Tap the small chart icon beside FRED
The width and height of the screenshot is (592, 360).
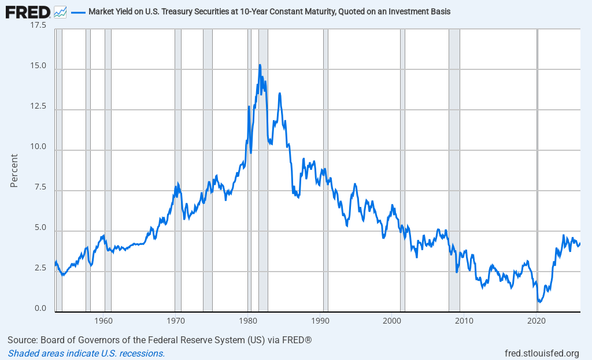click(x=60, y=12)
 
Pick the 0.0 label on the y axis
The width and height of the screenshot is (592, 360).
click(x=40, y=309)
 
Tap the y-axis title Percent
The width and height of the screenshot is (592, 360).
click(x=14, y=170)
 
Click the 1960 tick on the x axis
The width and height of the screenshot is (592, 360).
click(x=104, y=321)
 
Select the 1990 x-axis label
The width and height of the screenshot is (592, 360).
click(x=320, y=321)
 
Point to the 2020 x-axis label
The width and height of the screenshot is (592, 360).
click(x=537, y=321)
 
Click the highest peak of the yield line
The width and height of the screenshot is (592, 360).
click(x=260, y=65)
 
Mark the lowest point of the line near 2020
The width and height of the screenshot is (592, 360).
click(x=539, y=302)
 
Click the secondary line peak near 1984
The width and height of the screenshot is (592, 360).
click(x=280, y=93)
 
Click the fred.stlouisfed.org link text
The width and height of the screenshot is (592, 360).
click(x=542, y=353)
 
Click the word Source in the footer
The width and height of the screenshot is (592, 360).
click(x=23, y=339)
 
